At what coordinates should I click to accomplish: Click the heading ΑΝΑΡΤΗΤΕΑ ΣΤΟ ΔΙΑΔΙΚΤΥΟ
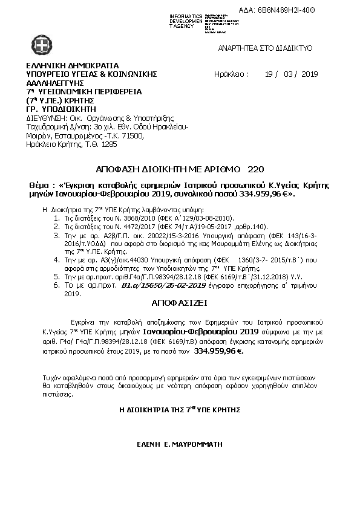coord(264,46)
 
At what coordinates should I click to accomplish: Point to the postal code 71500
coord(133,137)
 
